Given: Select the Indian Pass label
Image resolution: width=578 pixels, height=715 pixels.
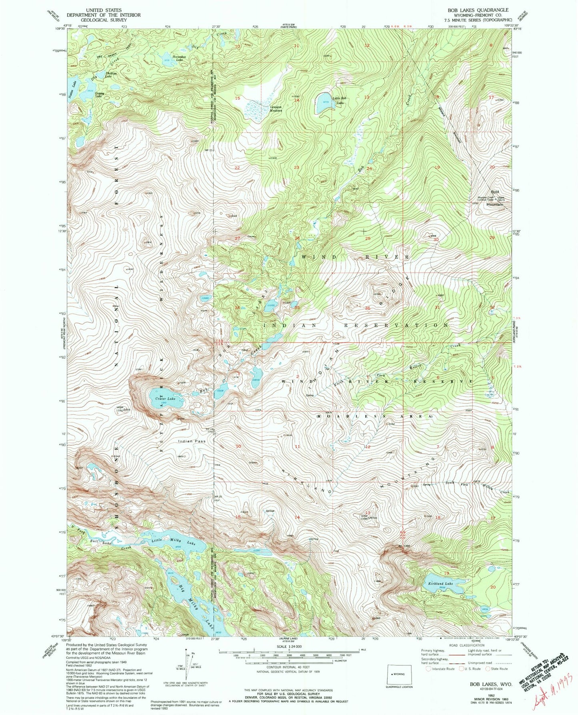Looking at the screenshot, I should pyautogui.click(x=192, y=441).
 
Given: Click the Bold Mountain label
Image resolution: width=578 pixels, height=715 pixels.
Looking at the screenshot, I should pyautogui.click(x=494, y=202).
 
